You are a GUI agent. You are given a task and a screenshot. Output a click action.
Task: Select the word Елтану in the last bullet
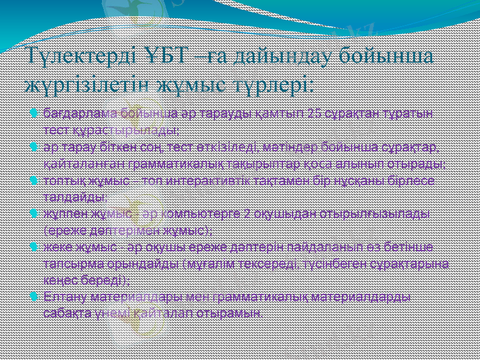tap(62, 296)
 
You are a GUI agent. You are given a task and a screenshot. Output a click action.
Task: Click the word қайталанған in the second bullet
tap(77, 163)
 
